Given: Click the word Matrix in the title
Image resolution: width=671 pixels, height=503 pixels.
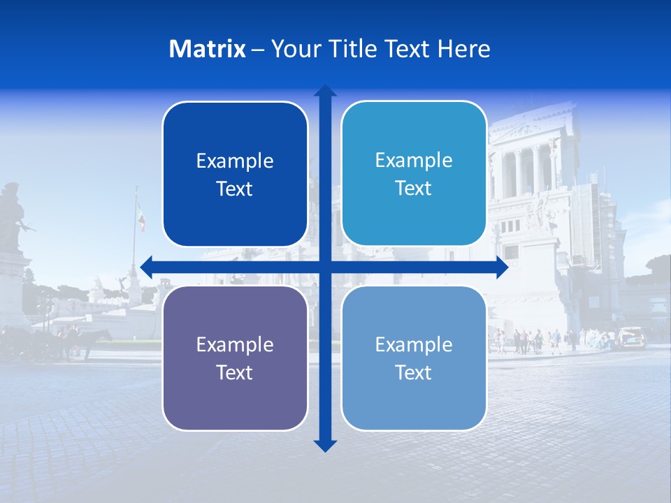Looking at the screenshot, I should click(207, 49).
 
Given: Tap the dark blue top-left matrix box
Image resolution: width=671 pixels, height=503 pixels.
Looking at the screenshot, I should click(235, 174).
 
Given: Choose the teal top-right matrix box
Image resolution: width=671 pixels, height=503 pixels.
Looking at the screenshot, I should click(414, 173).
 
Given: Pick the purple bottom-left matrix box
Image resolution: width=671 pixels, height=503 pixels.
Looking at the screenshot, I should click(235, 358).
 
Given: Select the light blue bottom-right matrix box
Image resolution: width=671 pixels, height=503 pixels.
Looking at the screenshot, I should click(414, 358).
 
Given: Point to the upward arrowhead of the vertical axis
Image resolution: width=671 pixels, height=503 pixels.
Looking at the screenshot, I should click(325, 91).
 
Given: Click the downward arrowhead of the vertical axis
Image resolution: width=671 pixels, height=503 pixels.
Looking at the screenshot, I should click(325, 446).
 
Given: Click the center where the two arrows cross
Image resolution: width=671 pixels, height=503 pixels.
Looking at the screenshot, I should click(325, 267).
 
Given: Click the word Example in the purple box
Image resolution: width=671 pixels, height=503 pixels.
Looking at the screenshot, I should click(235, 344).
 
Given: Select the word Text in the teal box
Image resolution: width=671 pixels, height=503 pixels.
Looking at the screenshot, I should click(414, 188).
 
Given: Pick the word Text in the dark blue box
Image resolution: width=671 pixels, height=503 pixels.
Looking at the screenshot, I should click(235, 189).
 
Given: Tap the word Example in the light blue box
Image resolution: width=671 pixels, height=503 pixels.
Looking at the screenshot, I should click(414, 344).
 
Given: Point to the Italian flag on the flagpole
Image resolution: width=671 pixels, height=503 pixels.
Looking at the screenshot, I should click(141, 217).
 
